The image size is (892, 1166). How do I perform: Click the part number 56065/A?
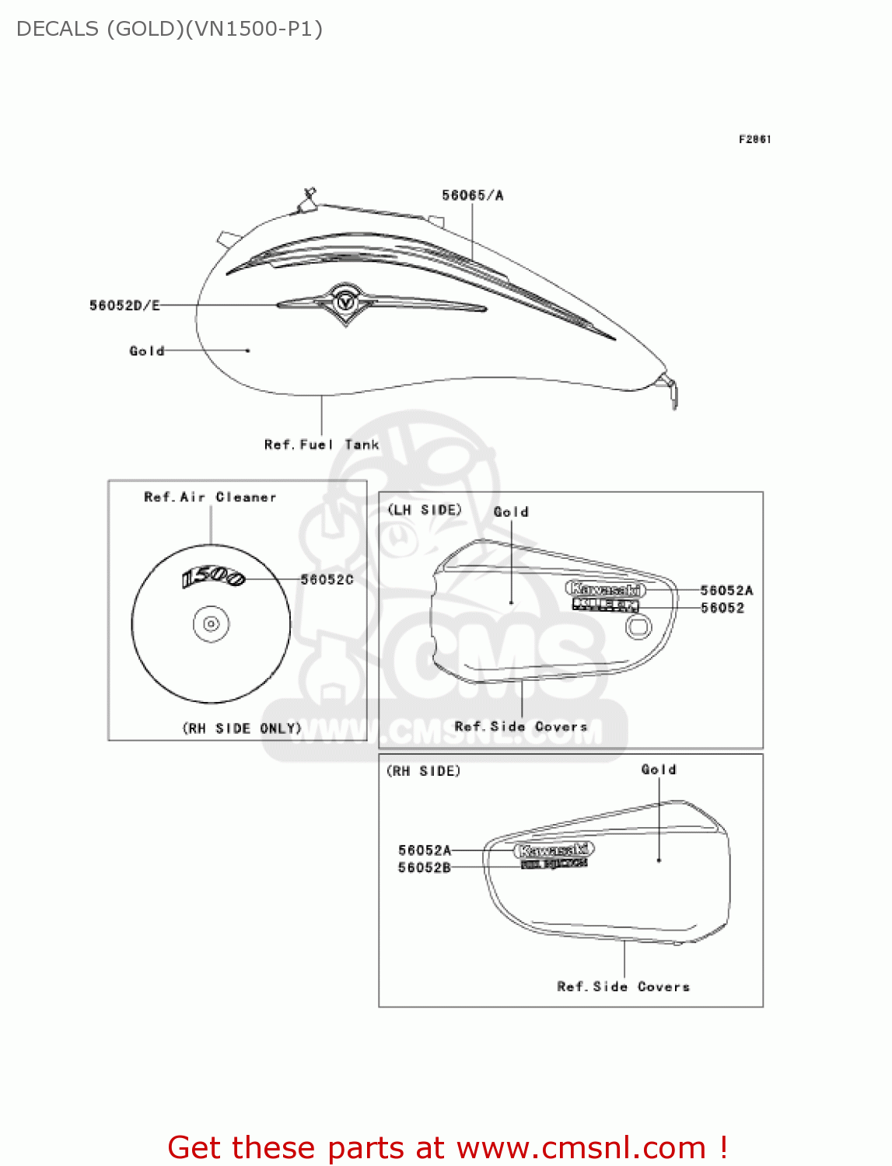tap(473, 195)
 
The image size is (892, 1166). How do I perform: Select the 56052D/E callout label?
tap(124, 305)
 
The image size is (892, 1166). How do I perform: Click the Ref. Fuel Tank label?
tap(321, 445)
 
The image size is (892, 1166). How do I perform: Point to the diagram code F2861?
tap(754, 139)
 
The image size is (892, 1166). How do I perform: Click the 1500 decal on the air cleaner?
tap(213, 578)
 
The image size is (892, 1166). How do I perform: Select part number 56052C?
tap(327, 579)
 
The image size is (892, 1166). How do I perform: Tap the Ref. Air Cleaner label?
tap(210, 497)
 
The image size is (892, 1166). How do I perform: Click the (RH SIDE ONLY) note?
tap(242, 728)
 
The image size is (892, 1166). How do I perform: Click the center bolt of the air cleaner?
tap(211, 623)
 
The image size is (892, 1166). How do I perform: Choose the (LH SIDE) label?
tap(425, 510)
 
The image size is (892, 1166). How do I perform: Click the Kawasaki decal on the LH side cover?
tap(605, 589)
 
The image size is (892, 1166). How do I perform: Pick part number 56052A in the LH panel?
tap(726, 591)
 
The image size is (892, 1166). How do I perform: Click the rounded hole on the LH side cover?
tap(638, 627)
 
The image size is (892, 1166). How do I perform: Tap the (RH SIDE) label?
tap(424, 771)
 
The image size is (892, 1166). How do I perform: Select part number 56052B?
tap(425, 868)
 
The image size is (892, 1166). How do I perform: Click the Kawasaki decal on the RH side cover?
tap(554, 850)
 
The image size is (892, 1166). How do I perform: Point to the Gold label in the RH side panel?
tap(659, 770)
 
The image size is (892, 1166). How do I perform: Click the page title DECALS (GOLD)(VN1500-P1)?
tap(170, 30)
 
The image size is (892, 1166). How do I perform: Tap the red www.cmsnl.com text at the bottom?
tap(581, 1147)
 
